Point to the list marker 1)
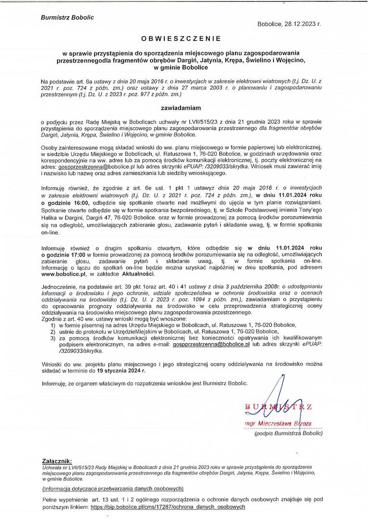pos(53,325)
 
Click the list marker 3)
pos(53,338)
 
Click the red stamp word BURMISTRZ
pos(279,407)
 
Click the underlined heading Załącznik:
pos(57,460)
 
